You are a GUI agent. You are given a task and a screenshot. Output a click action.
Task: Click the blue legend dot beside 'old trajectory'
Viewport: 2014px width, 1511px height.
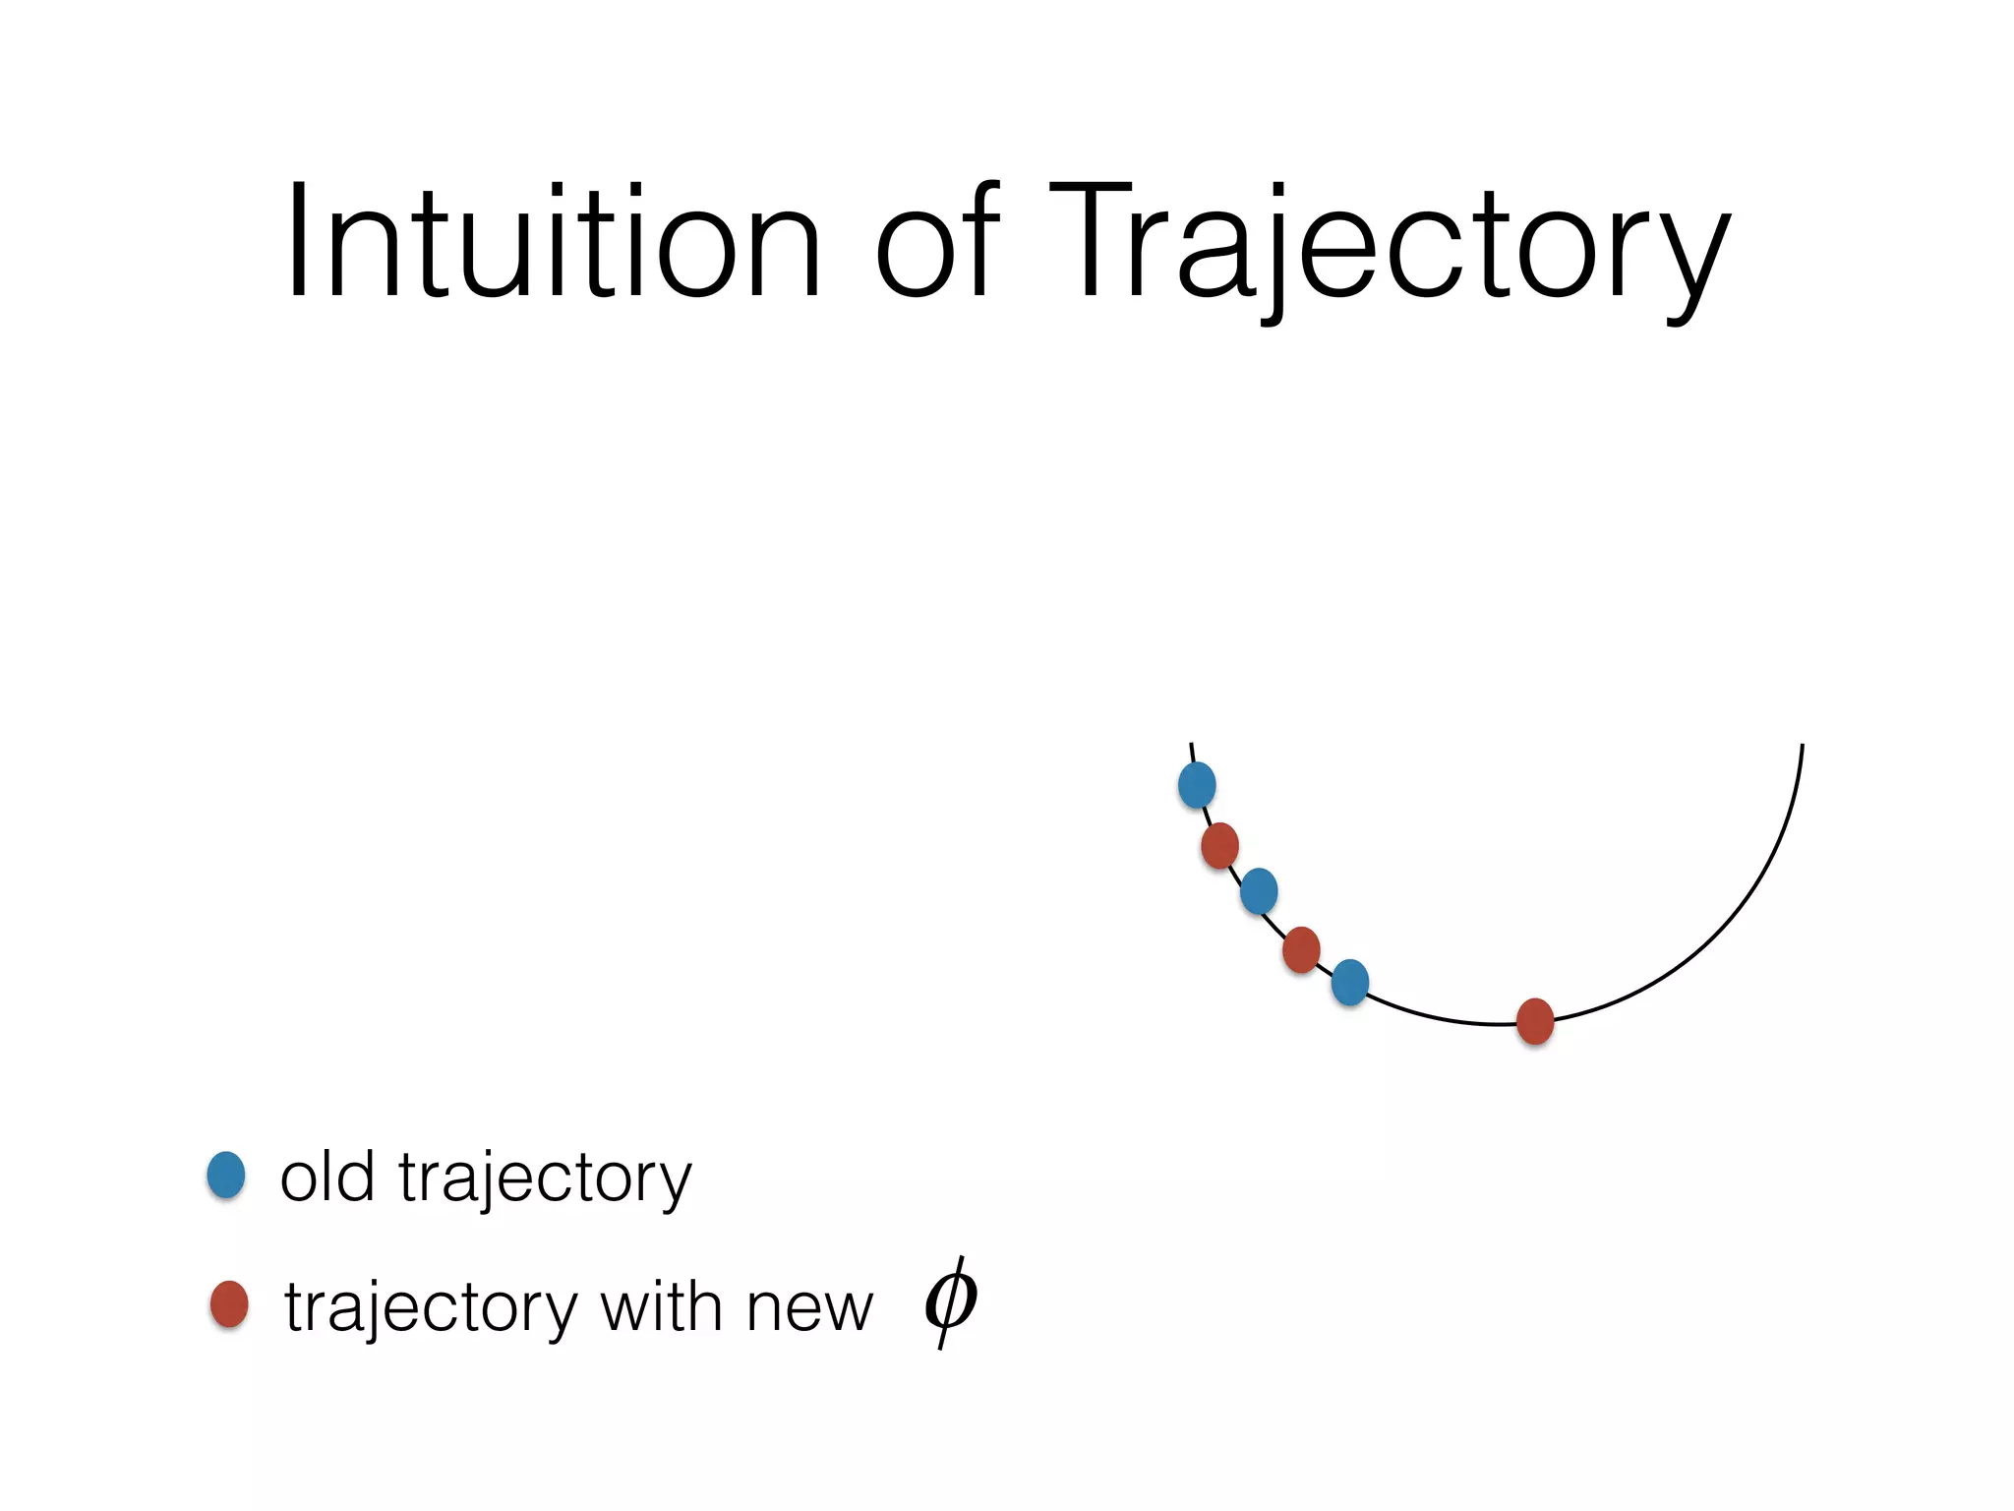pyautogui.click(x=226, y=1175)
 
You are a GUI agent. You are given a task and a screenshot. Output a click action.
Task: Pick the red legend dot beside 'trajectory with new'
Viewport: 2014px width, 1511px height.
pyautogui.click(x=229, y=1304)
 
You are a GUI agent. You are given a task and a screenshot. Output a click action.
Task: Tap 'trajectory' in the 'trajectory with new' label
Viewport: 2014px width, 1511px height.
pyautogui.click(x=431, y=1308)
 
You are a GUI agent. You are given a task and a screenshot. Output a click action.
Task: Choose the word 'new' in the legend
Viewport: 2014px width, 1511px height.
pyautogui.click(x=809, y=1310)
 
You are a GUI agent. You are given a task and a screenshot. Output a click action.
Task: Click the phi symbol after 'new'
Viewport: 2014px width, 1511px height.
pyautogui.click(x=950, y=1301)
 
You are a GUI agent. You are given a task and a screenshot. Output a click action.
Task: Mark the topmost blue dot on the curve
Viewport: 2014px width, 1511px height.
pyautogui.click(x=1197, y=785)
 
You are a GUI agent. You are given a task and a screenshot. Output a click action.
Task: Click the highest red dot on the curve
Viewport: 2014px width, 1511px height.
pyautogui.click(x=1219, y=845)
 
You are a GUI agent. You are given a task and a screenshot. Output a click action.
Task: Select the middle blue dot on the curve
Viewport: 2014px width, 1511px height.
pyautogui.click(x=1259, y=891)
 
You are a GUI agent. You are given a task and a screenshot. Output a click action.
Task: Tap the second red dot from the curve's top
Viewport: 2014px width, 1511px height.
pyautogui.click(x=1301, y=949)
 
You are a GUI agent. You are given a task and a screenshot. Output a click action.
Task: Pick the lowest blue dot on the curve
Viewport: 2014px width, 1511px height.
pyautogui.click(x=1349, y=982)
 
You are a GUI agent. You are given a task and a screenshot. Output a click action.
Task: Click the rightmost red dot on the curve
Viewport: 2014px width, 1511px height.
pyautogui.click(x=1535, y=1021)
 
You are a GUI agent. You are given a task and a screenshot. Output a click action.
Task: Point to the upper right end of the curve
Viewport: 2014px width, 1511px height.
pyautogui.click(x=1802, y=748)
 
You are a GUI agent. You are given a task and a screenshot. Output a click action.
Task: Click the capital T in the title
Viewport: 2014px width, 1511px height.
pyautogui.click(x=1090, y=240)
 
